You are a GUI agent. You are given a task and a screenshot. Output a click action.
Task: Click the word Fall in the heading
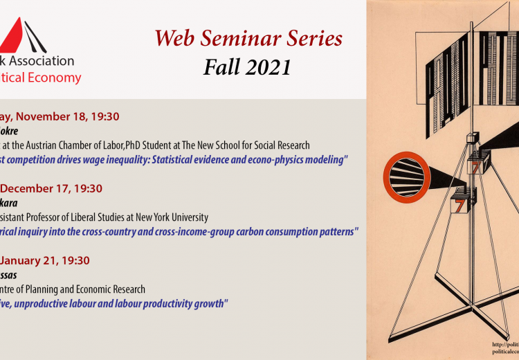coord(219,67)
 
